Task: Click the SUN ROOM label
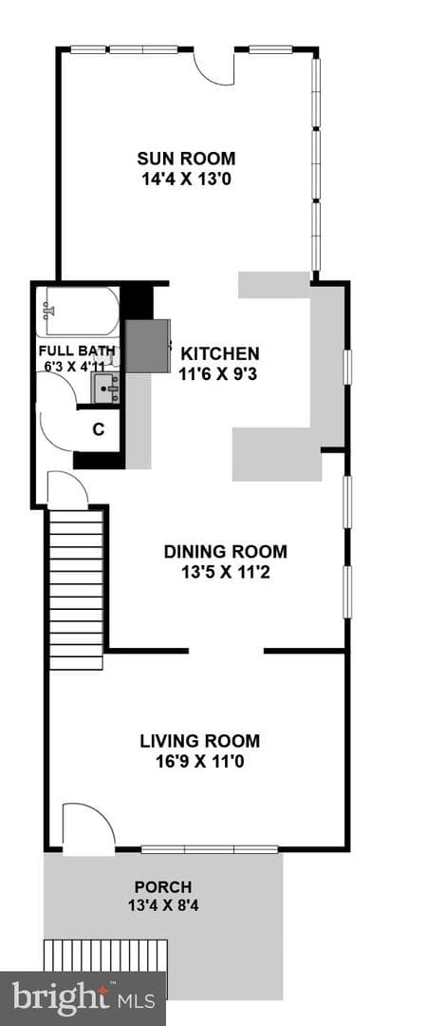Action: tap(186, 159)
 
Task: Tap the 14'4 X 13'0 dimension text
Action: tap(186, 178)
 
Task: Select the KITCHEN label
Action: tap(220, 354)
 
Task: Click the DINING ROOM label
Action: tap(225, 552)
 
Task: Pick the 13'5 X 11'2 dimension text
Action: tap(225, 573)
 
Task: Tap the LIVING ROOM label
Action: tap(200, 741)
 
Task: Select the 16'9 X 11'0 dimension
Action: tap(200, 762)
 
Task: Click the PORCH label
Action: tap(163, 888)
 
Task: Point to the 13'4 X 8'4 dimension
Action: tap(163, 907)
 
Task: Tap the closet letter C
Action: tap(98, 430)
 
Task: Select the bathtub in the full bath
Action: tap(77, 313)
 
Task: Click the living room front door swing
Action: tap(88, 826)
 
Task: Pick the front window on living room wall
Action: tap(210, 849)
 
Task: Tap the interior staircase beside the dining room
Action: tap(77, 590)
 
